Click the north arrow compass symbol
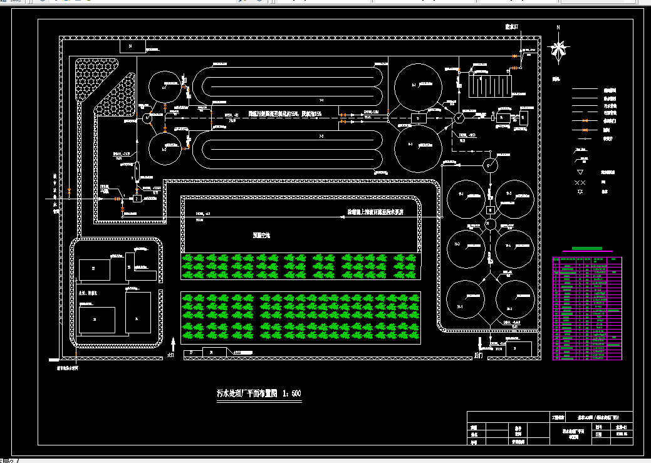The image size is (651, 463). coord(558,49)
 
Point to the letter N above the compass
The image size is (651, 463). coord(558,28)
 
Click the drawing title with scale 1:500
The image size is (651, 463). coord(259,393)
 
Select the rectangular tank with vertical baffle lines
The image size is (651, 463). coord(491,84)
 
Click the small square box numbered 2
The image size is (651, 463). coord(137,198)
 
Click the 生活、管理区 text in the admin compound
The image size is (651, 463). coord(88,293)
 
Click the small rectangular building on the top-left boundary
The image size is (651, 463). coord(132,46)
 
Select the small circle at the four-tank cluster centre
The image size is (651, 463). coord(491,224)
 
